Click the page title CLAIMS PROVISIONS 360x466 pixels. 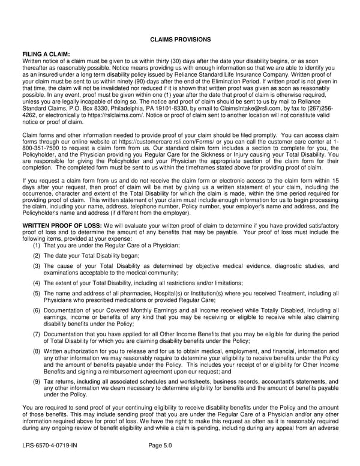click(x=179, y=39)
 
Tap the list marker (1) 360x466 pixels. click(x=37, y=245)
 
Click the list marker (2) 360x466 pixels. click(x=37, y=255)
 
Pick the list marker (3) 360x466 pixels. click(x=37, y=265)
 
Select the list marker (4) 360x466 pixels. click(x=37, y=283)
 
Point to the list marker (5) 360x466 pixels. click(x=37, y=293)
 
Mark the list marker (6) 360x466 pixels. click(x=37, y=310)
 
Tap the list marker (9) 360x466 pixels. click(x=37, y=381)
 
